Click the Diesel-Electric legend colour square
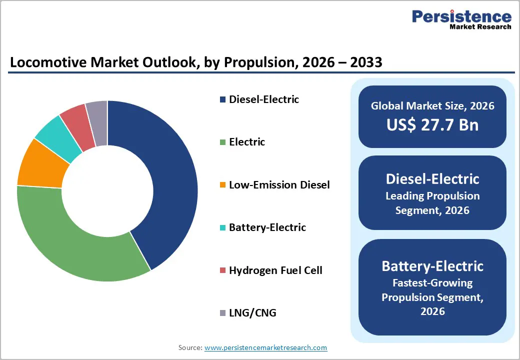pos(222,99)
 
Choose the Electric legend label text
pos(247,142)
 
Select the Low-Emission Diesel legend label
pos(279,185)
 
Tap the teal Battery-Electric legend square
pos(222,228)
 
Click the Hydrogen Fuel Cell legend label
pos(275,270)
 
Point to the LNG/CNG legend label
pos(252,313)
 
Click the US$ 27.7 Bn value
pos(432,124)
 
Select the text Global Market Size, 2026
pos(432,106)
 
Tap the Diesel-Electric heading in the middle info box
pos(432,178)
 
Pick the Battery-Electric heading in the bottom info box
pos(432,265)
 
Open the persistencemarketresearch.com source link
pos(265,347)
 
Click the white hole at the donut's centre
pos(107,191)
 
